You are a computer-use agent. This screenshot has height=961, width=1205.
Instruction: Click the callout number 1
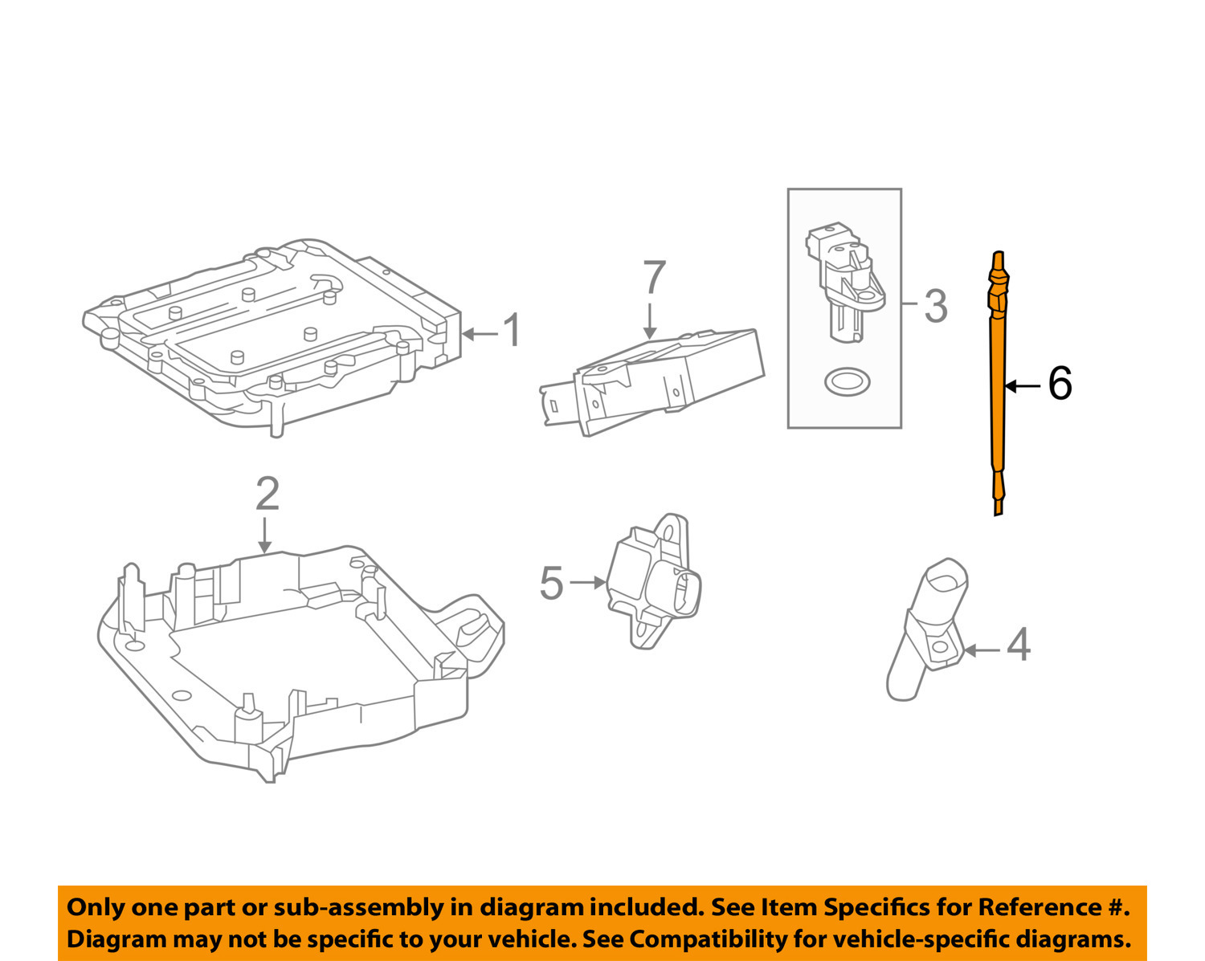[512, 332]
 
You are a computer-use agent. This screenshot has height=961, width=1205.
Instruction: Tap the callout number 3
[935, 306]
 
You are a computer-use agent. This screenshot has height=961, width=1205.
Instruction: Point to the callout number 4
[1018, 645]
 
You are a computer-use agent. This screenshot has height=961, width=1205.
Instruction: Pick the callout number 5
[551, 583]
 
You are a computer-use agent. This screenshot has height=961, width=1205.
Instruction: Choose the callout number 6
[1060, 384]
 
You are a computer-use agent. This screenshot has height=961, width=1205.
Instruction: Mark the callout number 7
[654, 278]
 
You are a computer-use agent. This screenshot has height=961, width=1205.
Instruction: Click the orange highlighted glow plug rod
[998, 385]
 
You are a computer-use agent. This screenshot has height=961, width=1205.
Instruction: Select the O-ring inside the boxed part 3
[846, 381]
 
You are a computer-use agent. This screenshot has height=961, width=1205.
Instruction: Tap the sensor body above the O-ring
[843, 281]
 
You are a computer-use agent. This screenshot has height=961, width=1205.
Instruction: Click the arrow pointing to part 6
[1023, 386]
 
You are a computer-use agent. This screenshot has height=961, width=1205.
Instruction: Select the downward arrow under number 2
[265, 535]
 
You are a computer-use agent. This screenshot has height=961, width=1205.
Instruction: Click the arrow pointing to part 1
[480, 333]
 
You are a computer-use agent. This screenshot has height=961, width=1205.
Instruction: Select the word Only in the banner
[96, 907]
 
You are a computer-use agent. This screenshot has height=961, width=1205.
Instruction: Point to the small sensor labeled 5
[653, 583]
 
